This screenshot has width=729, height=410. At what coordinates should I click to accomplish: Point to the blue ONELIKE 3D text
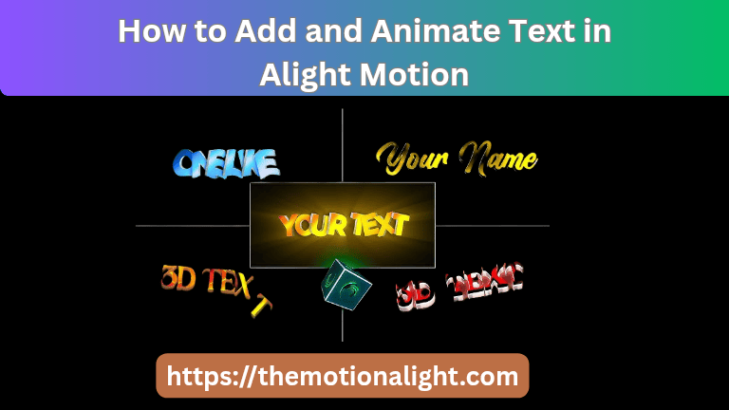pyautogui.click(x=226, y=162)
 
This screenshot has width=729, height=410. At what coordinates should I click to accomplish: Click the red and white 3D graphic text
pyautogui.click(x=459, y=284)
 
